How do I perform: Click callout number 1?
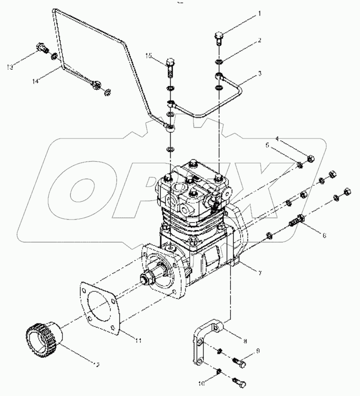[259, 14]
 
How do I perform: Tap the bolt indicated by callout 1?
[219, 37]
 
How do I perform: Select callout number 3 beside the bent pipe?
[260, 73]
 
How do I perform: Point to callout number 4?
[277, 138]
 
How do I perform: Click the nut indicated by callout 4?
[311, 158]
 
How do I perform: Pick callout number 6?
[324, 236]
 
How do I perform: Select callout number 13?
[9, 67]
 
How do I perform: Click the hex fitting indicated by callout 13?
[41, 47]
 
